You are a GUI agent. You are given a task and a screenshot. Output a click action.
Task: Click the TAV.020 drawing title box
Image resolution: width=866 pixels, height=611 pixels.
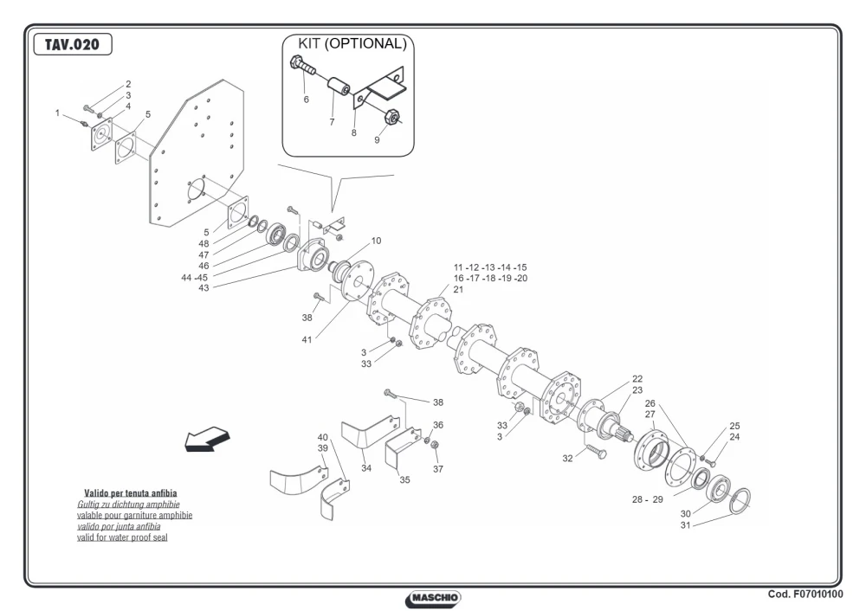[73, 44]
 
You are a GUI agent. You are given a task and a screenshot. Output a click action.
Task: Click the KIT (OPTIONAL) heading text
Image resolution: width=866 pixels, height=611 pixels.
[352, 43]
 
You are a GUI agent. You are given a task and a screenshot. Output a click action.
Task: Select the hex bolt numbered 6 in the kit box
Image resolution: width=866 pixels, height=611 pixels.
[302, 65]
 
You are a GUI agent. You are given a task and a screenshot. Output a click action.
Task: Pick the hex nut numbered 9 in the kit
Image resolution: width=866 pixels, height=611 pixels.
[391, 117]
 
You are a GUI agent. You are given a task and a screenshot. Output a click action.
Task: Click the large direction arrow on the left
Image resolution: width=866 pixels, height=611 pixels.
[207, 439]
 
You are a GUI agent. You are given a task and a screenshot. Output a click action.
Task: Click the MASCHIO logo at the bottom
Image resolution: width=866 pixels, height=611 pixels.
[433, 598]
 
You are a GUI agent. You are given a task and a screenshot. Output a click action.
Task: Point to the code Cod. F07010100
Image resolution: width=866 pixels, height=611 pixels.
[805, 594]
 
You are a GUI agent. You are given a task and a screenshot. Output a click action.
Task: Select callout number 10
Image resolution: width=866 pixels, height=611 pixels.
[376, 241]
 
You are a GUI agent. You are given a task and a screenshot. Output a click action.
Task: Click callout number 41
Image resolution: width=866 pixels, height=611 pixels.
[307, 340]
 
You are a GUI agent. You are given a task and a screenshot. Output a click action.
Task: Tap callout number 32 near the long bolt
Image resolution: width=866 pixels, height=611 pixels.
[568, 458]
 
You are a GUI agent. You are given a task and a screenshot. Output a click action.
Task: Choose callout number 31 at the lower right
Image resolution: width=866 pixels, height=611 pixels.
[685, 525]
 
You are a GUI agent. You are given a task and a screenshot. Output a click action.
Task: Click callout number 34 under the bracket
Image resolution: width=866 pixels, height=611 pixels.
[366, 468]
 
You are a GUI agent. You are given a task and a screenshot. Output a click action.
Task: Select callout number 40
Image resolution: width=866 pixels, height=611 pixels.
[322, 437]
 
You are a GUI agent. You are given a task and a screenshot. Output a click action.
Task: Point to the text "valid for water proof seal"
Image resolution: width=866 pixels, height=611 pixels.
[122, 537]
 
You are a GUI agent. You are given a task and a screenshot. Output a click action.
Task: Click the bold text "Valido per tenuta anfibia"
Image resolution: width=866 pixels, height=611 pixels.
[131, 493]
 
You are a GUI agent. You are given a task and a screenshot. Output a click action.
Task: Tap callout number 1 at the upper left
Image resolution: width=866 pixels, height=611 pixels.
[57, 113]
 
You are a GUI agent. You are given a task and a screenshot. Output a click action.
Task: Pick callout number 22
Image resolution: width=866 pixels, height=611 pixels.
[637, 379]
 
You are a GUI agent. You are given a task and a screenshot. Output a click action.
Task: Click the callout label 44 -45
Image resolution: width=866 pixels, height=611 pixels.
[194, 278]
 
